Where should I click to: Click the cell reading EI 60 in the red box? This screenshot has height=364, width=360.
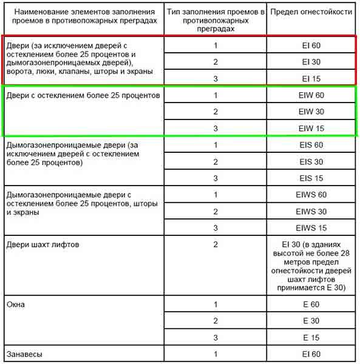311,45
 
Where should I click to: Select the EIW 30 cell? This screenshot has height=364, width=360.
311,112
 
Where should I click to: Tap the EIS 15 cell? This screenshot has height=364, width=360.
311,178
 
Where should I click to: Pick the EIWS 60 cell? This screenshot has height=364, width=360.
311,195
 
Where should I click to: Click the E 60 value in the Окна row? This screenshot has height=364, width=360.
311,304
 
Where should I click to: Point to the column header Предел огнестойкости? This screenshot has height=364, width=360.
311,12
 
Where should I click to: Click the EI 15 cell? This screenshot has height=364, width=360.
311,78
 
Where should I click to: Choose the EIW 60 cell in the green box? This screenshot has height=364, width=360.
311,95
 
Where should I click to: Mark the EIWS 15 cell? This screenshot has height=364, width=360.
311,228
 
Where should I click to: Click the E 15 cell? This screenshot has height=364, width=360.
311,337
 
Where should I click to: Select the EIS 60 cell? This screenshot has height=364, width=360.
311,145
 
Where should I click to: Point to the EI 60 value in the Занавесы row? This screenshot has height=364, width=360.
311,354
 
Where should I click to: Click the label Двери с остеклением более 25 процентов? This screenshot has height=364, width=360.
82,96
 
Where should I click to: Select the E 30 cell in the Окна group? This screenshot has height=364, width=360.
311,320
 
